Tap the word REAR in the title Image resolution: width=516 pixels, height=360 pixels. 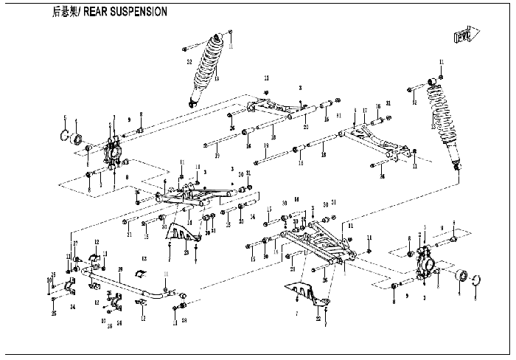pyautogui.click(x=94, y=12)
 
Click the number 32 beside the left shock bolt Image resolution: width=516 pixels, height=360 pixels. pyautogui.click(x=189, y=62)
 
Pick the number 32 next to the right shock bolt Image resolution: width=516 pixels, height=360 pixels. pyautogui.click(x=414, y=103)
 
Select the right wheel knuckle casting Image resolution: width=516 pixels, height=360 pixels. pyautogui.click(x=427, y=263)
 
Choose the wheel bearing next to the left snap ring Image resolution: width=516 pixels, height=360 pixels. pyautogui.click(x=77, y=138)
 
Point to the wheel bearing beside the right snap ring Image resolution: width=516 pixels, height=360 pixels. pyautogui.click(x=462, y=277)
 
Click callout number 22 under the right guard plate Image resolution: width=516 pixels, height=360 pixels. pyautogui.click(x=318, y=319)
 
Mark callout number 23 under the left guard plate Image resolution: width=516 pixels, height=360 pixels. pyautogui.click(x=186, y=253)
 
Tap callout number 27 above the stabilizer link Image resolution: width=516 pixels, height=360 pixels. pyautogui.click(x=74, y=243)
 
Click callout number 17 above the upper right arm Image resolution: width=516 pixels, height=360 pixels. pyautogui.click(x=364, y=111)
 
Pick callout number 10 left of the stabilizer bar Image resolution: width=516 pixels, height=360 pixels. pyautogui.click(x=49, y=280)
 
